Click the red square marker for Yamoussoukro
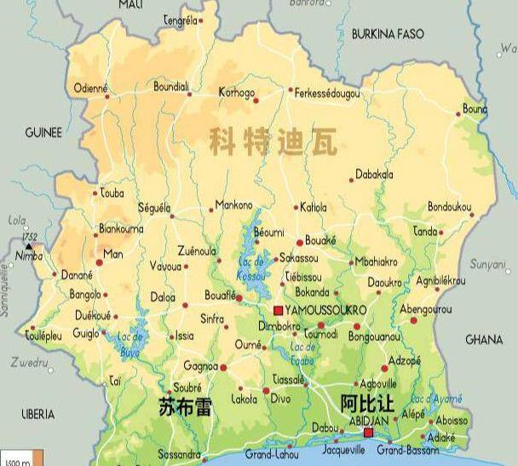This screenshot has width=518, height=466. pyautogui.click(x=278, y=310)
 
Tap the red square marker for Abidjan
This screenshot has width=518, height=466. pyautogui.click(x=368, y=433)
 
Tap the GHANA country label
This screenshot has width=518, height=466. pyautogui.click(x=484, y=339)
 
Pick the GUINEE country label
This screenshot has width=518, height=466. pyautogui.click(x=43, y=133)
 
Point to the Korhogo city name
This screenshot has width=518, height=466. pyautogui.click(x=237, y=91)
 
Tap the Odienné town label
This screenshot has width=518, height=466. pyautogui.click(x=91, y=88)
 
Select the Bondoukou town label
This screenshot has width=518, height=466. pyautogui.click(x=450, y=207)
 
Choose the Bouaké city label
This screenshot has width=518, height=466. pyautogui.click(x=320, y=240)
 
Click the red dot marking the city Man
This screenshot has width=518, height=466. pyautogui.click(x=99, y=262)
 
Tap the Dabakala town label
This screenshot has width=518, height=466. pyautogui.click(x=374, y=175)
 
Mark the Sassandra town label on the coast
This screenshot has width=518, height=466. pyautogui.click(x=179, y=455)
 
